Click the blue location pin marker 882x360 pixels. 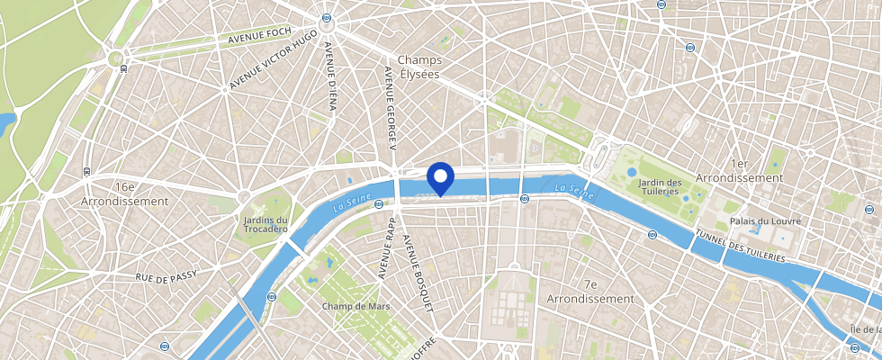pos(440,176)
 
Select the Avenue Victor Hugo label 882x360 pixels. pos(273,60)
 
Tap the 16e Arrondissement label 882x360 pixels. pos(125,193)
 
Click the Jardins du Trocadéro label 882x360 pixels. pos(265,224)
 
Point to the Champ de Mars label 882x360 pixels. pos(354,306)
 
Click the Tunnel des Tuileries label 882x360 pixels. pos(740,246)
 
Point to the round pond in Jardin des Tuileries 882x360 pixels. pos(632,171)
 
